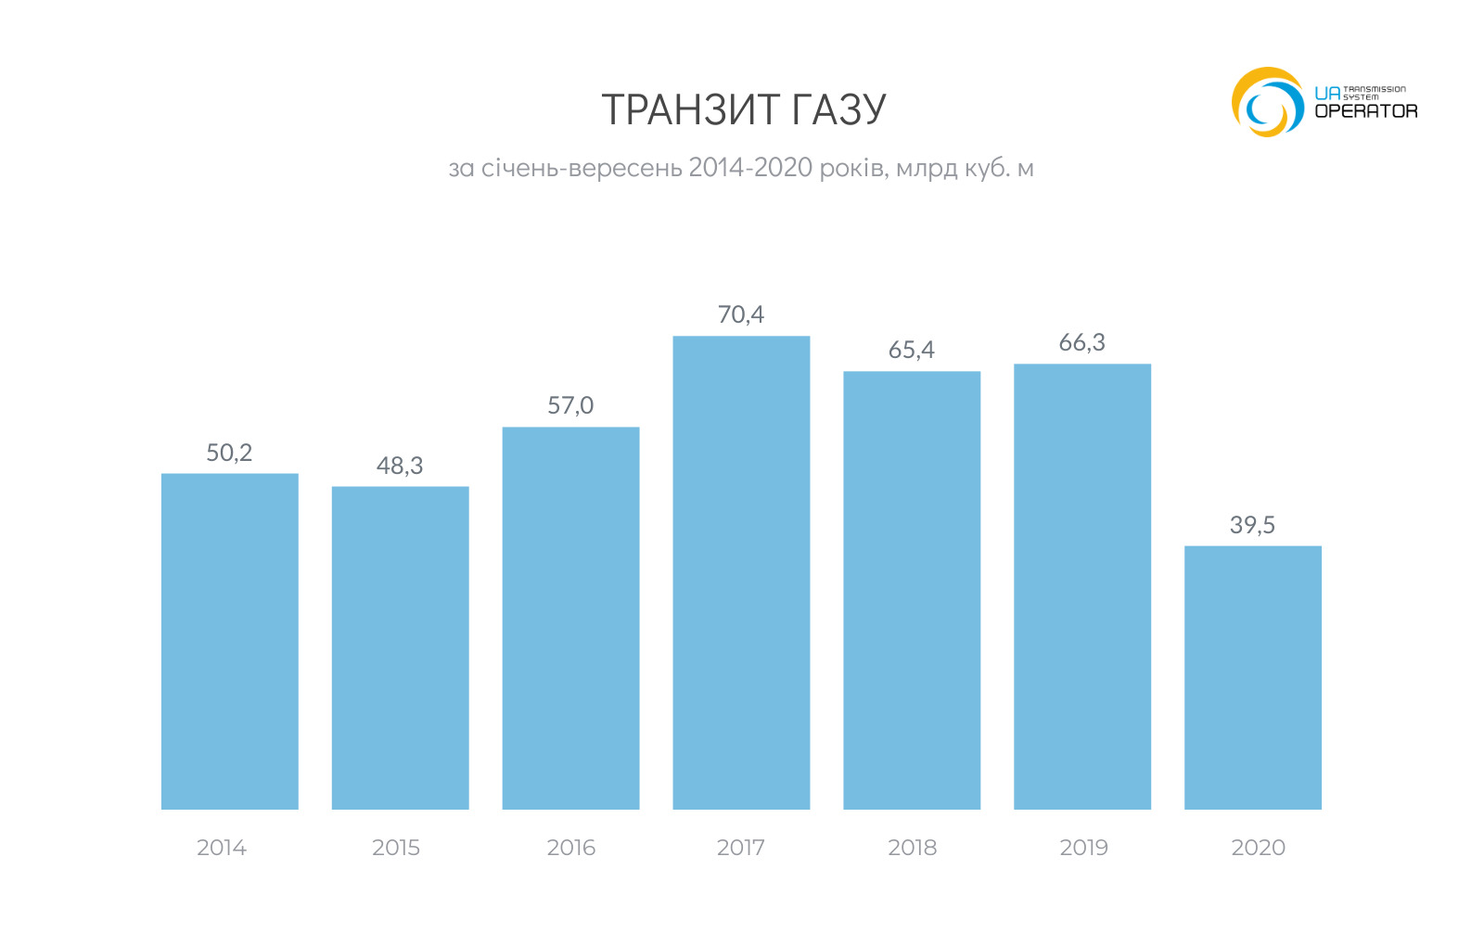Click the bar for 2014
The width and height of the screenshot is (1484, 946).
[229, 641]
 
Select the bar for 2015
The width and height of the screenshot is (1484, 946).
[400, 647]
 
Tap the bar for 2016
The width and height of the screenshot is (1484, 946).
[570, 618]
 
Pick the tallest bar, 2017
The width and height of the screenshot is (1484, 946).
[741, 572]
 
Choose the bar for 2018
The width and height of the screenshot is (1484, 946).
[912, 590]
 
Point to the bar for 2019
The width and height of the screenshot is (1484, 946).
[1082, 586]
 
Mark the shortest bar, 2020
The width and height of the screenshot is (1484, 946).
[1253, 677]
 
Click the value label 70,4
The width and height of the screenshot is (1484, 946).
[741, 314]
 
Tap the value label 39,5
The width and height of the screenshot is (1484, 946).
[1252, 525]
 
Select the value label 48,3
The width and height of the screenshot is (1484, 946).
[400, 466]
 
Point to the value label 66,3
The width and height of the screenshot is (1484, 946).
[1082, 343]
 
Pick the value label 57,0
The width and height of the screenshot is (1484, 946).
[570, 405]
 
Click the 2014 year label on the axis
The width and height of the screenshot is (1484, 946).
[222, 848]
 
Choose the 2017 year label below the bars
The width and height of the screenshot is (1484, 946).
[741, 848]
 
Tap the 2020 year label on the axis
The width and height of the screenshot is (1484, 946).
[1258, 848]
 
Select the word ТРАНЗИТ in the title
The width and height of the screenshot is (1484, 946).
[677, 110]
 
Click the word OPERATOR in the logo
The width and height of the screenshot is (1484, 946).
[1366, 111]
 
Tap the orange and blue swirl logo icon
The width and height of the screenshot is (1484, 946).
[1267, 102]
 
